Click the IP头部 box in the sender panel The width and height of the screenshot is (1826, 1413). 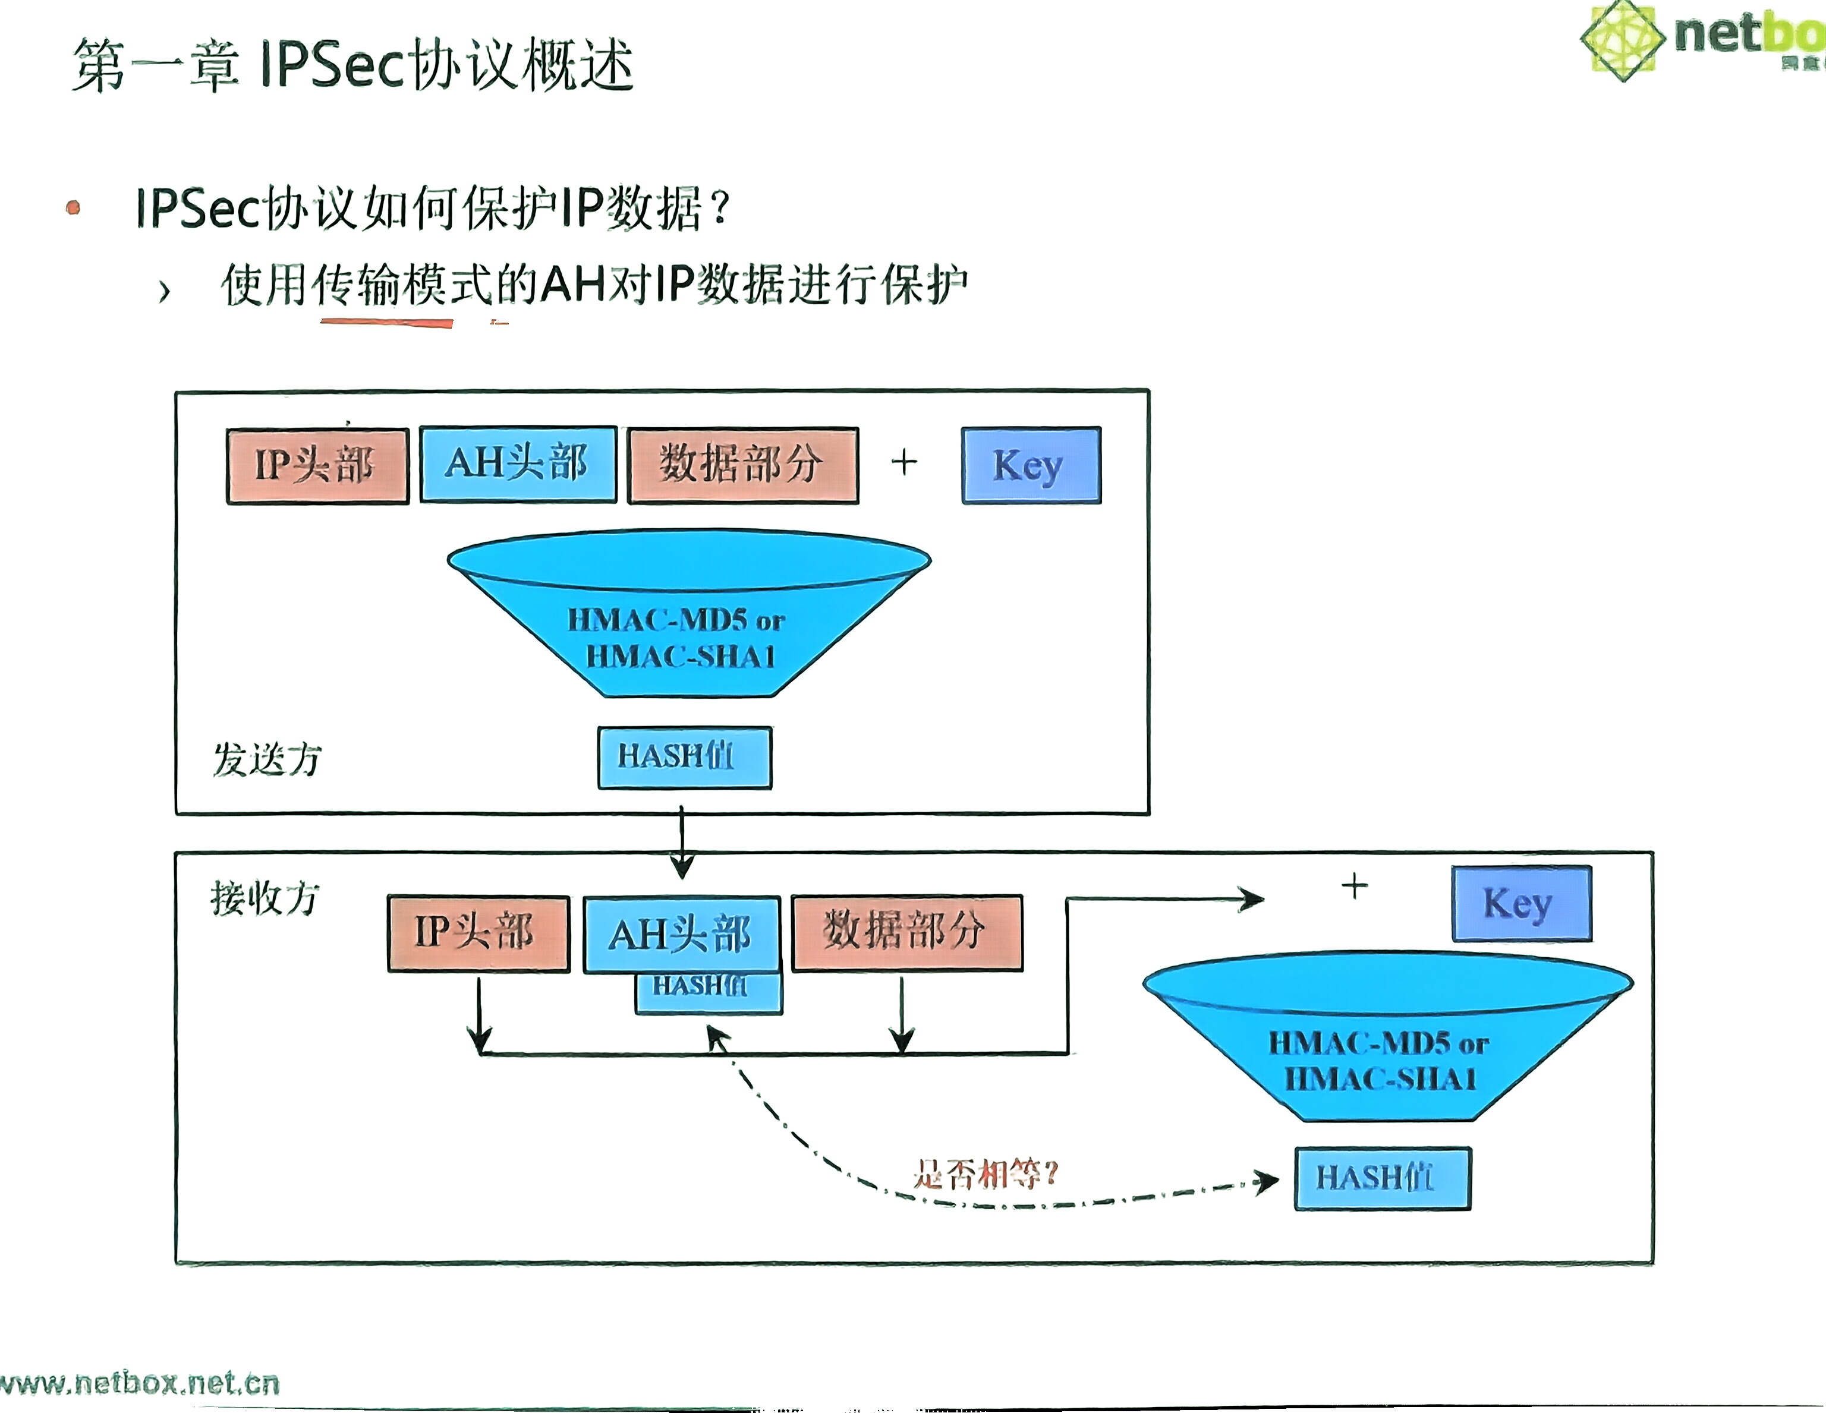pos(317,465)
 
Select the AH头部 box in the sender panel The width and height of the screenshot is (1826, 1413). pos(518,463)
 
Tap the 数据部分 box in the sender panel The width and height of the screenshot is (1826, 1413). pos(742,465)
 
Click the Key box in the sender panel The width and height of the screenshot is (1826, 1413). pos(1030,465)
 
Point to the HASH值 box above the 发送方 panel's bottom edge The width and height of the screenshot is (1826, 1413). pos(684,757)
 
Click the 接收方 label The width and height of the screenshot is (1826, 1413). pos(264,898)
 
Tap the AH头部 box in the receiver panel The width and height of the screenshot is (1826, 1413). pos(681,934)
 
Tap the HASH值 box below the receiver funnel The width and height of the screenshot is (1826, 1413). pos(1381,1178)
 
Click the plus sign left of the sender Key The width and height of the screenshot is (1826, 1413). pos(904,462)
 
